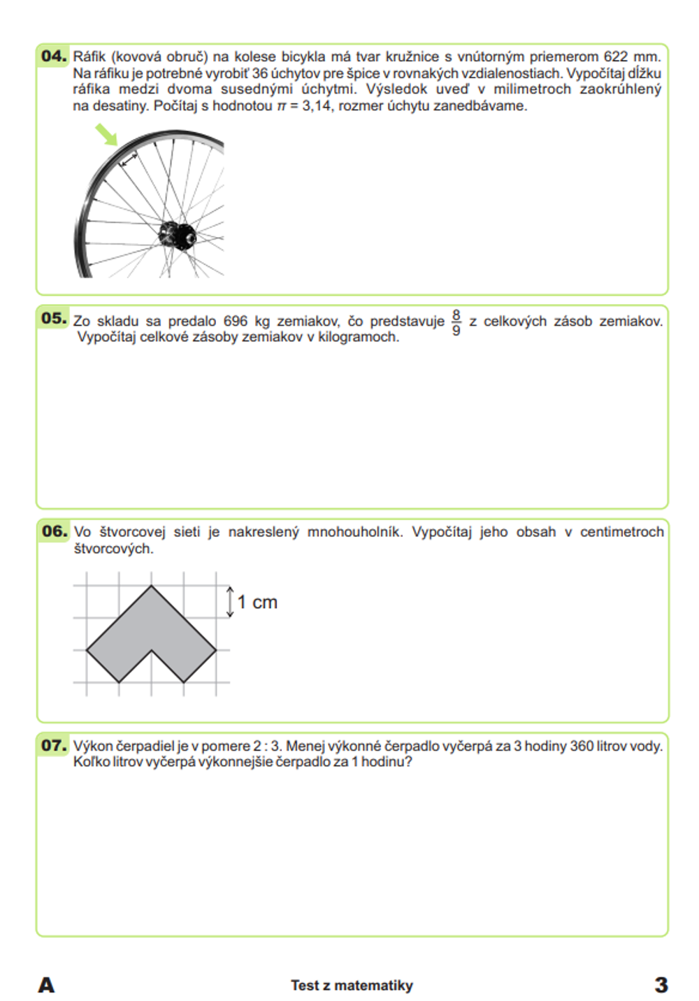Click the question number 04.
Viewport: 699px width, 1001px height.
[x=54, y=56]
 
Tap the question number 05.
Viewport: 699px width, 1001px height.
[x=54, y=319]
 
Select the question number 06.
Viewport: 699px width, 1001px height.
[x=54, y=531]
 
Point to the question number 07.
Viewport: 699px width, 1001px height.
[x=54, y=745]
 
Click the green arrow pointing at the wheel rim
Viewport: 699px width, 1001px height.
[x=106, y=134]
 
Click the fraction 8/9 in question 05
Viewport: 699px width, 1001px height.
[x=456, y=322]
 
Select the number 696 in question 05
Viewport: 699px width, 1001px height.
[x=236, y=322]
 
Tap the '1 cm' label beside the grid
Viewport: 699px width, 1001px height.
[x=257, y=603]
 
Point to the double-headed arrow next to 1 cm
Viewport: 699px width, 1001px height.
[x=229, y=602]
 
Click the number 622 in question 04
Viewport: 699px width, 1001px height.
[x=616, y=57]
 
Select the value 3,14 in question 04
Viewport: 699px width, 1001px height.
[x=317, y=106]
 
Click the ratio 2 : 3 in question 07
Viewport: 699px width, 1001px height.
[x=266, y=746]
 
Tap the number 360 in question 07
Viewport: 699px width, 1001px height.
[x=582, y=746]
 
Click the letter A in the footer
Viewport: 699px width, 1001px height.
[x=46, y=985]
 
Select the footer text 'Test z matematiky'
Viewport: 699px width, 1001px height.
[x=352, y=986]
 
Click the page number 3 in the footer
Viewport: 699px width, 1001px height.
[x=661, y=985]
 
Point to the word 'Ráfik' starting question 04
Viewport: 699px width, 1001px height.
[x=89, y=57]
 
